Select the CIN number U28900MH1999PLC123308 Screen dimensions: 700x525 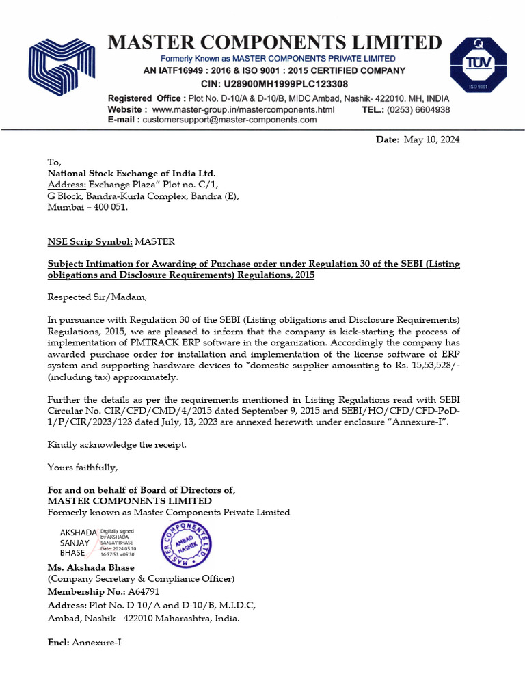(x=285, y=83)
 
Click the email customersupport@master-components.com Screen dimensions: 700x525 (x=229, y=119)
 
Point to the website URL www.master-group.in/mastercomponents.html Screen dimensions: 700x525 (x=243, y=109)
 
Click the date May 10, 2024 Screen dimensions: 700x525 (x=431, y=139)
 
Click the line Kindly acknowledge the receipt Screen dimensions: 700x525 (x=116, y=444)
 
